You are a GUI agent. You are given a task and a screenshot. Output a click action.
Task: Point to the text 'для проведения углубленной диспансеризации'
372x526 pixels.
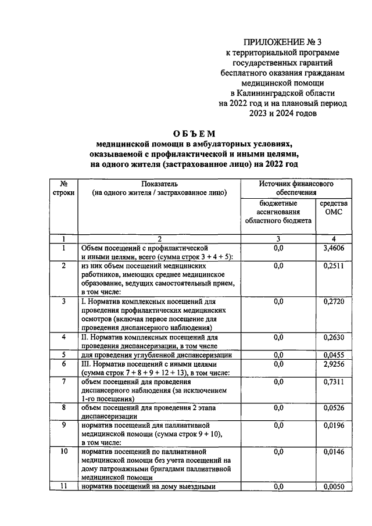tap(157, 355)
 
